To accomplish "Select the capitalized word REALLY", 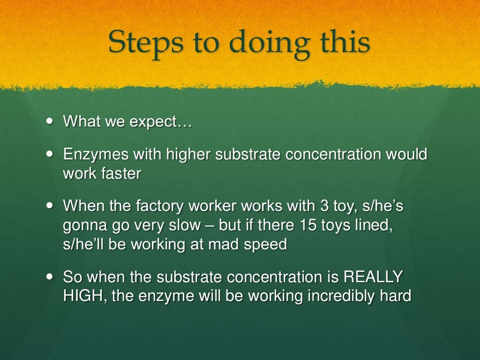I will pos(373,277).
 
